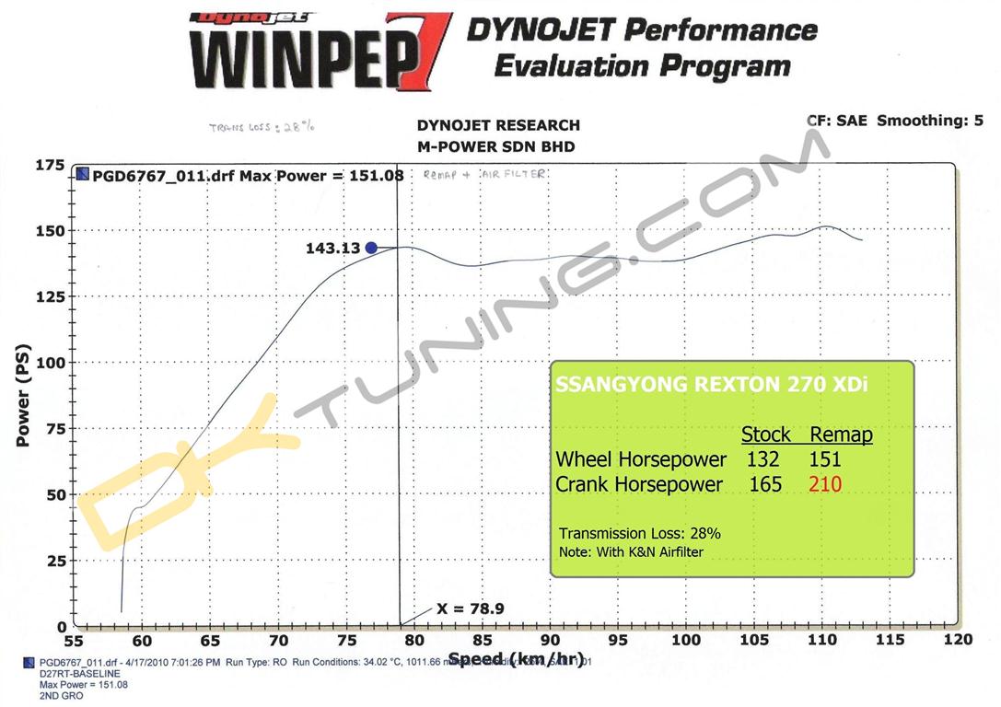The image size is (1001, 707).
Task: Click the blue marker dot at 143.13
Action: click(371, 248)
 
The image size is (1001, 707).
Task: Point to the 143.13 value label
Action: click(333, 248)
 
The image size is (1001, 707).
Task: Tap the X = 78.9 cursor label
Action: click(470, 608)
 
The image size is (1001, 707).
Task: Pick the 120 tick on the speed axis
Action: click(958, 640)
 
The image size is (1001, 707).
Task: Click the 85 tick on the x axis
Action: click(482, 640)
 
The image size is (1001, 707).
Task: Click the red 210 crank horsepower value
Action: click(824, 483)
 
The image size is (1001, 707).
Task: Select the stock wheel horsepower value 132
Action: click(763, 458)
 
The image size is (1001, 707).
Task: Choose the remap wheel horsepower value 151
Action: click(824, 458)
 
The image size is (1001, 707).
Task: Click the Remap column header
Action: click(841, 435)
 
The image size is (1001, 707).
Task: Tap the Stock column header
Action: click(766, 435)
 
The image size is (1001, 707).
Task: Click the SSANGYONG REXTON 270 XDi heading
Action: click(712, 384)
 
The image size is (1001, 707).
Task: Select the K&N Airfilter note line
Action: click(631, 552)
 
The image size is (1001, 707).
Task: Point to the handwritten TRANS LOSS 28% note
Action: click(262, 127)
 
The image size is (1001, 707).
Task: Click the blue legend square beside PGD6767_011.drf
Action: click(83, 174)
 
